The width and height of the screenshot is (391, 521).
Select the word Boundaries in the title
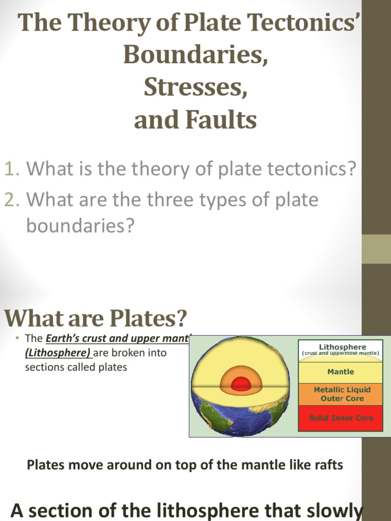pyautogui.click(x=195, y=55)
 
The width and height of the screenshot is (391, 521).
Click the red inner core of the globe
pyautogui.click(x=241, y=385)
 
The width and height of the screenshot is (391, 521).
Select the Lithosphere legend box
pyautogui.click(x=340, y=350)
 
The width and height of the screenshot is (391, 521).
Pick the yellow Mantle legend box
pyautogui.click(x=340, y=372)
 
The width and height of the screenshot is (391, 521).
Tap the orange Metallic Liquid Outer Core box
pyautogui.click(x=340, y=394)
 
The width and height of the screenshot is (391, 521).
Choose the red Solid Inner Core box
pyautogui.click(x=340, y=418)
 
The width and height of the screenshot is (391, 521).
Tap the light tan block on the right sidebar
pyautogui.click(x=376, y=249)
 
